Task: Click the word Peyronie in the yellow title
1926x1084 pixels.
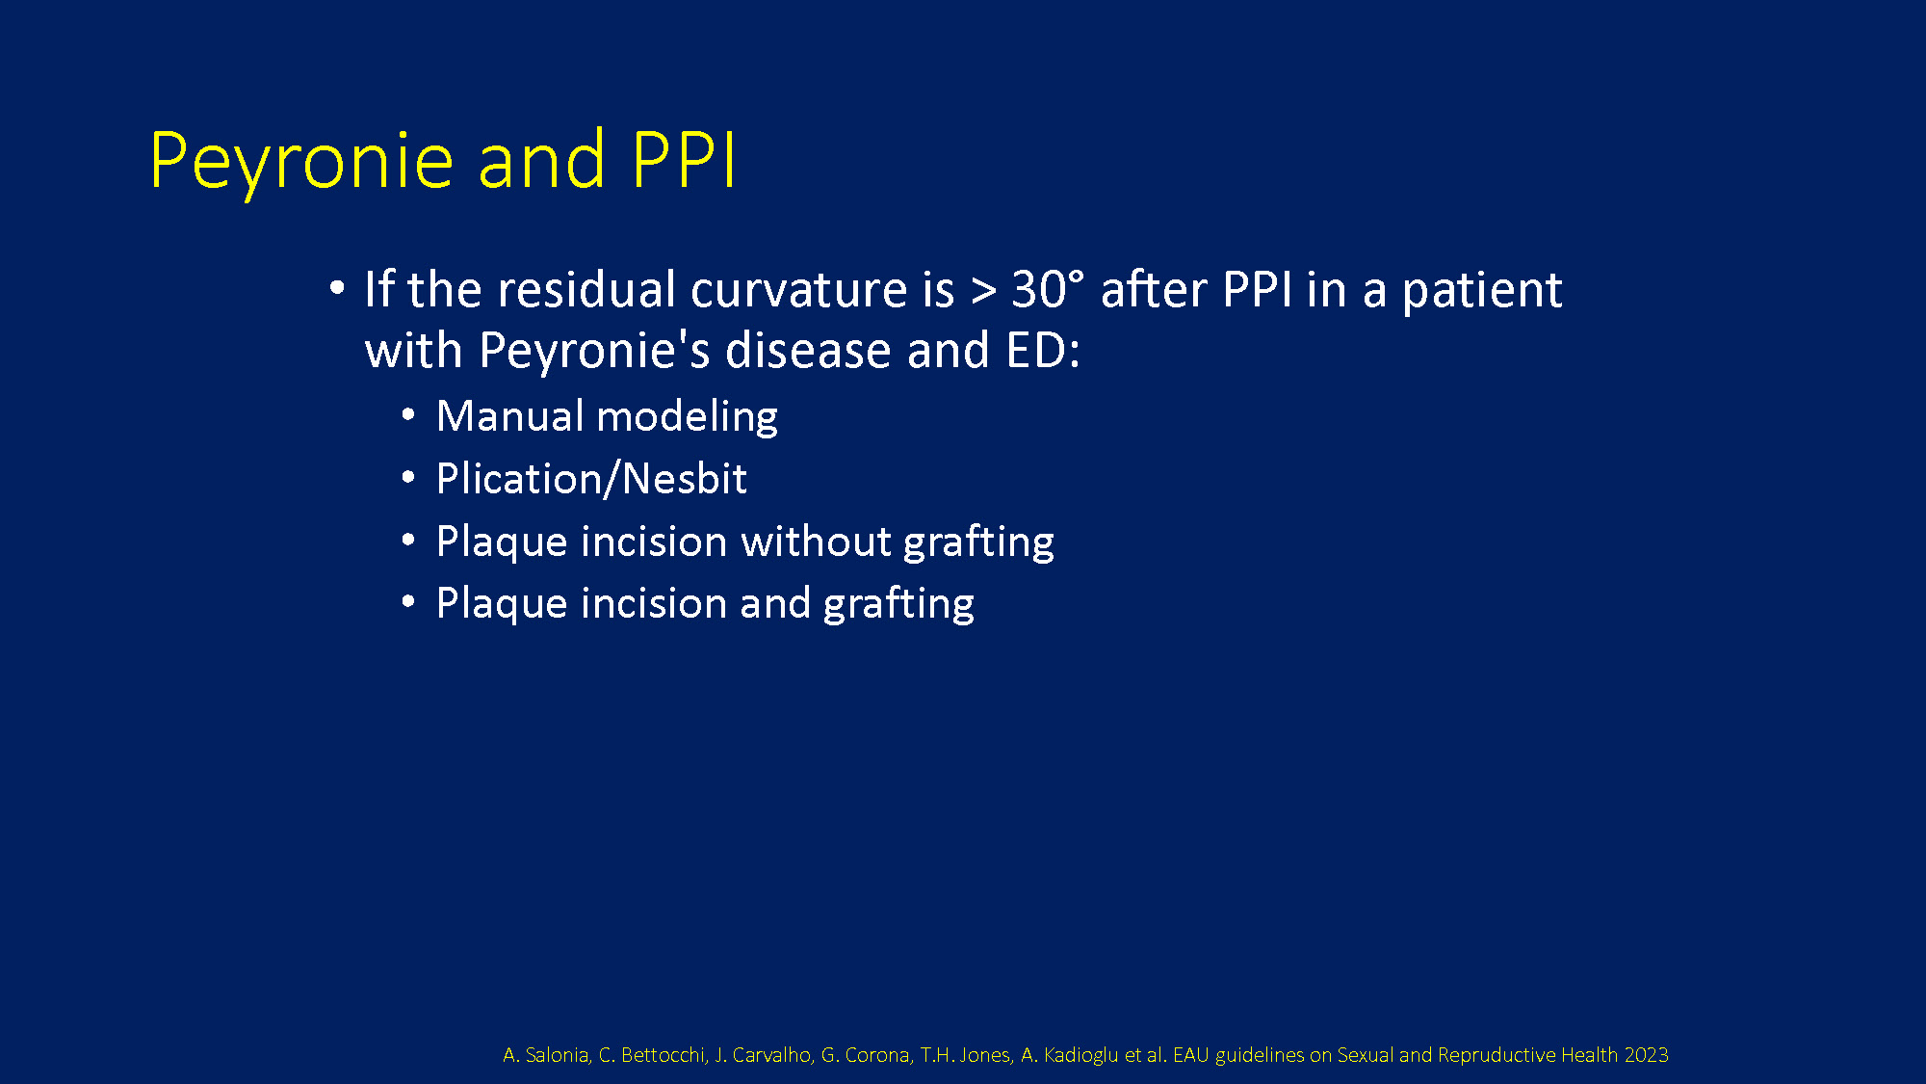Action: pos(301,161)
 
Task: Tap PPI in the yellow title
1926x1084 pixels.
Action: pos(685,158)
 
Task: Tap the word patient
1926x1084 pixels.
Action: pos(1481,290)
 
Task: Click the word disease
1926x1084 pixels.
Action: pos(809,350)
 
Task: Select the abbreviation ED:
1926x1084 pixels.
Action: pos(1043,350)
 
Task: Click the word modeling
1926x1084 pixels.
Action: pos(687,417)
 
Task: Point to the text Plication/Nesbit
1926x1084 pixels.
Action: pos(591,479)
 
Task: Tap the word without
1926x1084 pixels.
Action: pos(816,542)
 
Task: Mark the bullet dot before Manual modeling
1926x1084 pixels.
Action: pos(408,415)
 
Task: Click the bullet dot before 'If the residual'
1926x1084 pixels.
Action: pos(336,287)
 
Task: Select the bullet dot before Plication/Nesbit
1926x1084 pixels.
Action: pos(408,478)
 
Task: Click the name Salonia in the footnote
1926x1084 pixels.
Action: pos(558,1055)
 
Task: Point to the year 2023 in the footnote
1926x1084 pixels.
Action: pos(1646,1055)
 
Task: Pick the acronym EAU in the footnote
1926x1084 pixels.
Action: pos(1190,1055)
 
